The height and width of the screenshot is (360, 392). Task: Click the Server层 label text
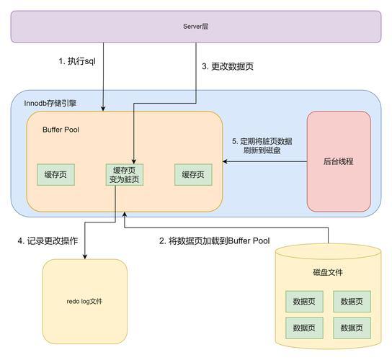click(x=196, y=27)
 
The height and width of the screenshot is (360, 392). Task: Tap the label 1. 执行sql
click(x=77, y=61)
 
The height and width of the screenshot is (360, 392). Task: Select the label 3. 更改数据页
click(x=228, y=66)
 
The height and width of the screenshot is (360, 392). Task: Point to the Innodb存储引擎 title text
click(x=50, y=103)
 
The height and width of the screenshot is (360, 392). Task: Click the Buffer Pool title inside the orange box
click(x=61, y=130)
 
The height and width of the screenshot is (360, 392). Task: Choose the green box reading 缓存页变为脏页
click(x=125, y=175)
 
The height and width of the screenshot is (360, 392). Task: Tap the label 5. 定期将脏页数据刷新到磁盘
click(x=262, y=145)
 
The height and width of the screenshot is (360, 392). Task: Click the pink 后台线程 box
click(x=339, y=161)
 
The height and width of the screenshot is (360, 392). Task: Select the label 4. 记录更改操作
click(x=48, y=240)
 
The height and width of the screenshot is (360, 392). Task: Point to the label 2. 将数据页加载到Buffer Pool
click(x=215, y=240)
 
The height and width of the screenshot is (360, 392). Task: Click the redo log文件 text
click(x=84, y=301)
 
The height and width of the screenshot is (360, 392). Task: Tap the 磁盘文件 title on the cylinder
click(x=328, y=272)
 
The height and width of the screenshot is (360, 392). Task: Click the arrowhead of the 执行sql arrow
click(x=103, y=109)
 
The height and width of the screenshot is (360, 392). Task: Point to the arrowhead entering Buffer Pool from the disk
click(x=125, y=215)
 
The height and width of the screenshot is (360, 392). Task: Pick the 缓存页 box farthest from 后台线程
click(x=55, y=175)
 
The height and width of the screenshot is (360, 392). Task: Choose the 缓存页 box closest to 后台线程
click(x=193, y=175)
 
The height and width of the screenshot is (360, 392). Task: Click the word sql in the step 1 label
click(x=90, y=61)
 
